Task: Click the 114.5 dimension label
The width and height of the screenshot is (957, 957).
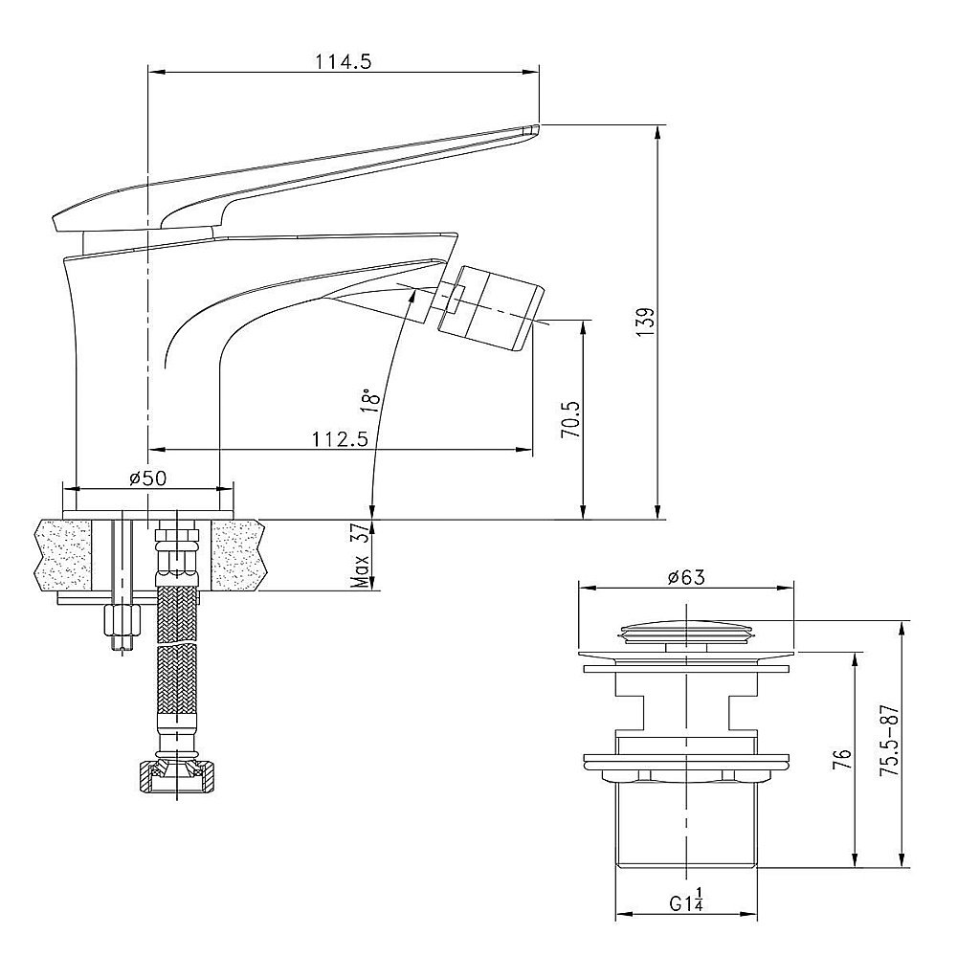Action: (x=344, y=61)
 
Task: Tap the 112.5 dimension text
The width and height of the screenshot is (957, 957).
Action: (x=341, y=439)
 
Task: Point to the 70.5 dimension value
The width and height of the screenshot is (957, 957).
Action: (x=570, y=419)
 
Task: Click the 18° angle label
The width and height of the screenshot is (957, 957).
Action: (x=370, y=400)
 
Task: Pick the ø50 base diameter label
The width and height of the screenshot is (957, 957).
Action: (x=147, y=478)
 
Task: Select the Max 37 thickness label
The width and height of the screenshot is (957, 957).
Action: (x=363, y=555)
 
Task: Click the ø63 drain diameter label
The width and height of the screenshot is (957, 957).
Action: (x=686, y=577)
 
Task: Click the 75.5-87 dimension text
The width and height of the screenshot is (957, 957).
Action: (x=889, y=741)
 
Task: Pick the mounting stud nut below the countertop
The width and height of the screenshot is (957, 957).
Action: (x=122, y=621)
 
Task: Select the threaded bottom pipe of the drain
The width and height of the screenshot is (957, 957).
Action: (x=686, y=824)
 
